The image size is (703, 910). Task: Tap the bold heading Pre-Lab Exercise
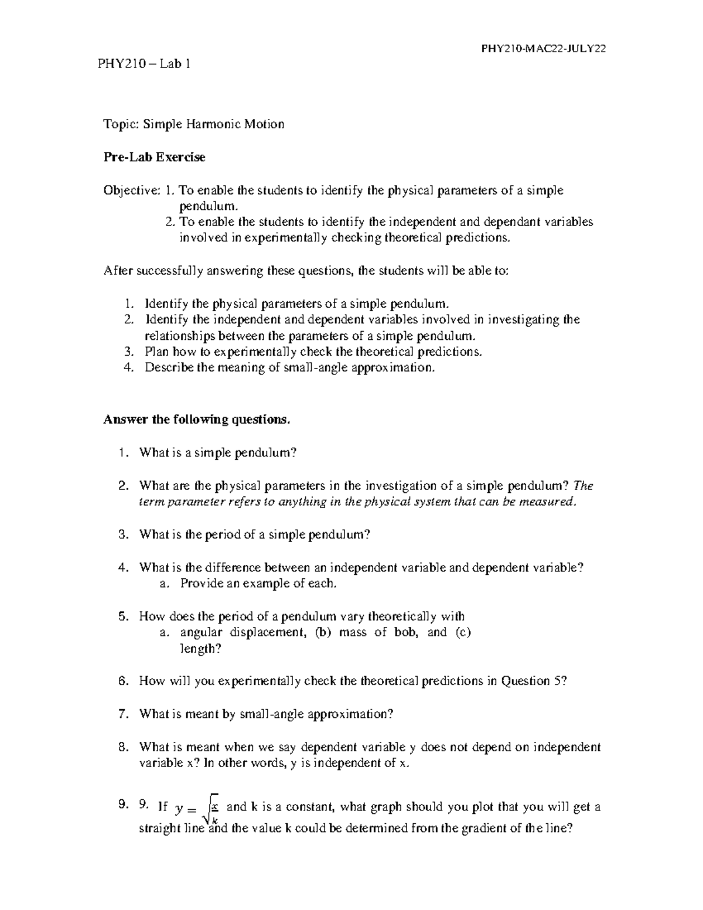155,157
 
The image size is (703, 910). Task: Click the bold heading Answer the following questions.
196,420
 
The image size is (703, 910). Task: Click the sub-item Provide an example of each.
258,584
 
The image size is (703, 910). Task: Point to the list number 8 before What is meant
122,747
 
